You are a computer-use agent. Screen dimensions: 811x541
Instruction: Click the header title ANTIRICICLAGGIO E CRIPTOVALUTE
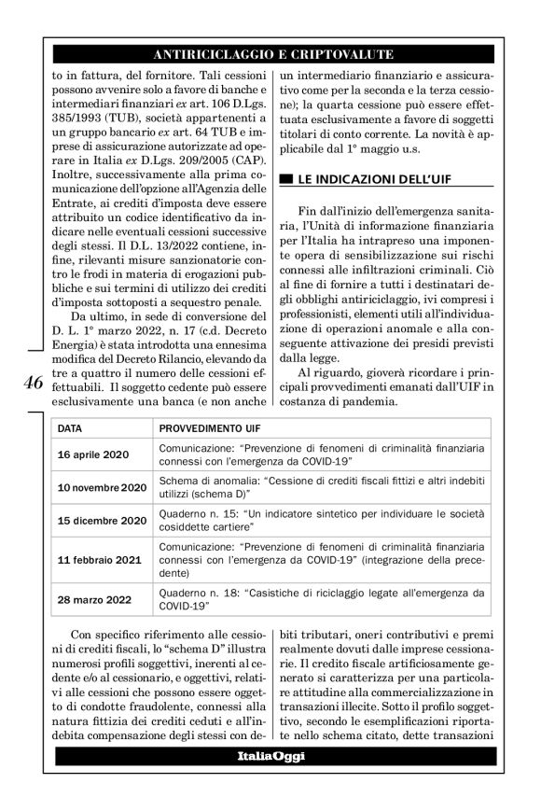click(270, 55)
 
